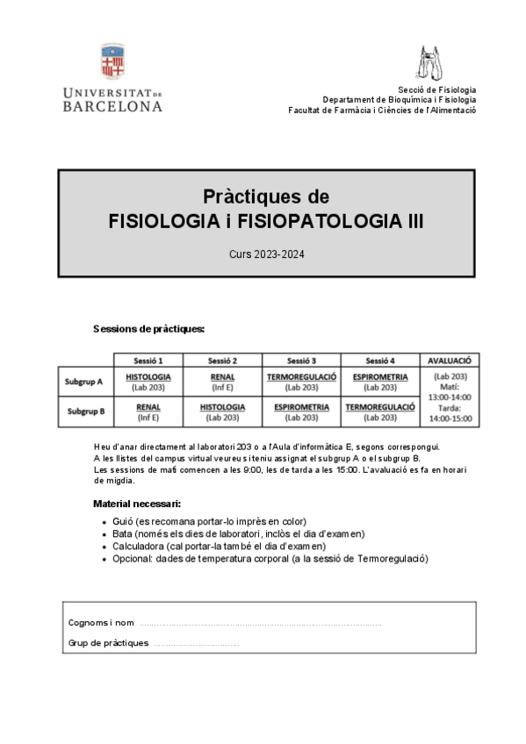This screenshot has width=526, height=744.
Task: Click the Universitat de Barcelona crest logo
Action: (x=112, y=62)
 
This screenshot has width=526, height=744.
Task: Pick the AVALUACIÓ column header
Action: (x=449, y=360)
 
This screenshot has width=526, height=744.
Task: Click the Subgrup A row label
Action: (x=84, y=382)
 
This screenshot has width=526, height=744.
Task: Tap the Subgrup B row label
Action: (x=84, y=411)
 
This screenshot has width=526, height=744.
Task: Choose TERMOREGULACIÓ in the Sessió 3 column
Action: (x=301, y=377)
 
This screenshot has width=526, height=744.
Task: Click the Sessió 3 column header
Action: (x=301, y=360)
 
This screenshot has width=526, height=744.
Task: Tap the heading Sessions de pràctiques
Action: (x=148, y=329)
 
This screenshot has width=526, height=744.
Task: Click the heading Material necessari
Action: (x=137, y=504)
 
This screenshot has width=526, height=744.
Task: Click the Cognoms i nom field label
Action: (x=101, y=623)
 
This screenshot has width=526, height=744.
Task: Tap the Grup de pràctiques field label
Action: (x=108, y=643)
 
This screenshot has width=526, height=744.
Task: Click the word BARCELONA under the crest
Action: (x=112, y=106)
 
